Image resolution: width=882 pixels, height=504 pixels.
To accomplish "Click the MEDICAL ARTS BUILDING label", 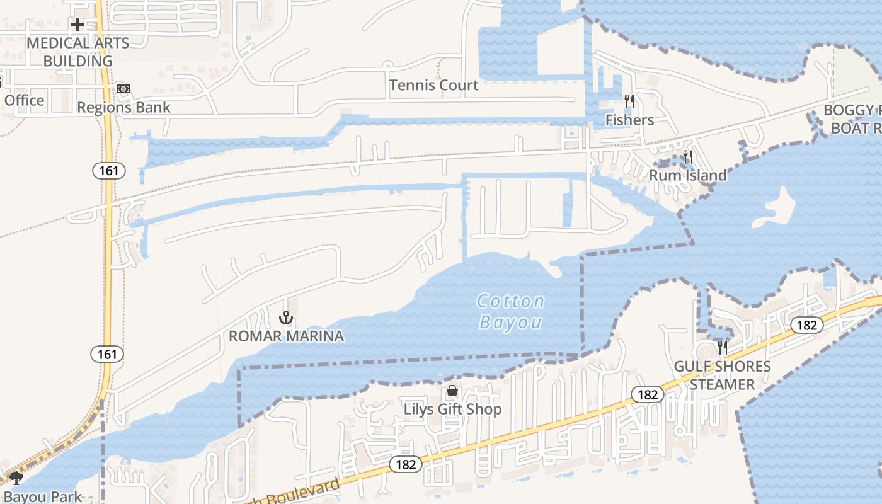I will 77,52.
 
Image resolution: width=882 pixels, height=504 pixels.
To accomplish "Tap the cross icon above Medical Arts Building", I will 77,25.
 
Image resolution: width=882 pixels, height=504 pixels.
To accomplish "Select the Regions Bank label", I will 123,108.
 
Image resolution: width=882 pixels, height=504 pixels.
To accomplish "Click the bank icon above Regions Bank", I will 123,89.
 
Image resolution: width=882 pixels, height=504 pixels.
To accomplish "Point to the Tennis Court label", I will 433,85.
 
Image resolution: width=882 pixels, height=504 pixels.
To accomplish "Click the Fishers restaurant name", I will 629,120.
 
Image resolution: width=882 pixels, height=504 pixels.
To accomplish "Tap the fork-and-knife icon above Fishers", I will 629,101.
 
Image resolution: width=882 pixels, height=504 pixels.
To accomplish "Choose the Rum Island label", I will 688,175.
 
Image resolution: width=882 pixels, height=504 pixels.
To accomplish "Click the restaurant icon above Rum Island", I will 688,157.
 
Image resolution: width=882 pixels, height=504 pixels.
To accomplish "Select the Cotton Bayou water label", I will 510,311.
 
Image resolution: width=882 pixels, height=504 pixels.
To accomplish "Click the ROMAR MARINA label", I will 286,336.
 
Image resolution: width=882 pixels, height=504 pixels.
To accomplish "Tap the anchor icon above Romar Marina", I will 287,318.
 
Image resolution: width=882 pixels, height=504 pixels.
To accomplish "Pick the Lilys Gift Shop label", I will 452,409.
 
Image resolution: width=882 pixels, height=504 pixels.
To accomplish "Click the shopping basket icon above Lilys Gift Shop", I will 452,391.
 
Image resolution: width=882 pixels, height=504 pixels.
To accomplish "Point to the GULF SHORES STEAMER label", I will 722,375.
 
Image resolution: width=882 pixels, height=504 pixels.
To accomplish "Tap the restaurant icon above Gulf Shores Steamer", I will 722,347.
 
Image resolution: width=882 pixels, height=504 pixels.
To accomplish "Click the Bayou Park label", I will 43,496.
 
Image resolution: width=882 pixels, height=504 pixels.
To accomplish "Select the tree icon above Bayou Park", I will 16,479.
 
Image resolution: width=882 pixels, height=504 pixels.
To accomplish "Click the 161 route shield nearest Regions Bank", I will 108,170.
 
